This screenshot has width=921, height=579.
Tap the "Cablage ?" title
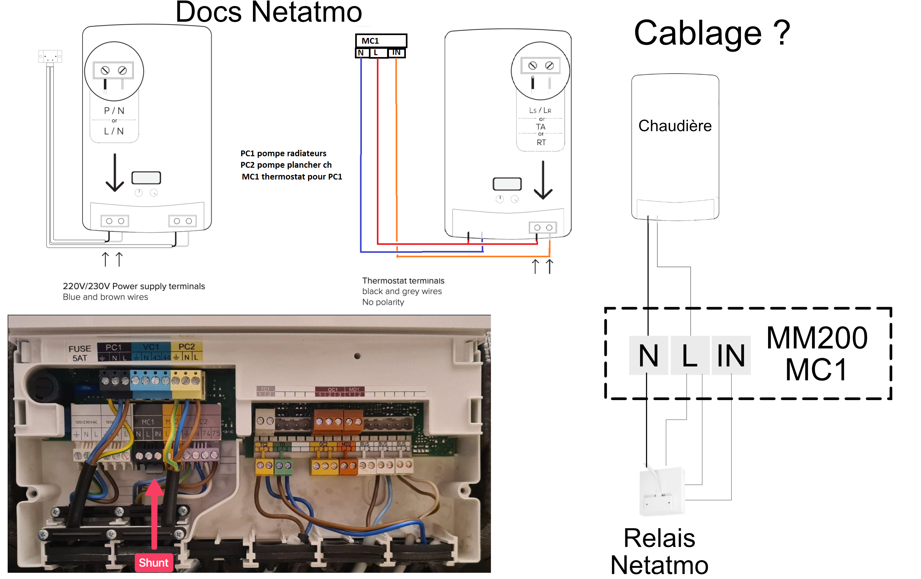tap(712, 34)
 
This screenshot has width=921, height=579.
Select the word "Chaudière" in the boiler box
tap(675, 126)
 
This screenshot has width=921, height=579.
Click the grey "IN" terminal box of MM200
tap(731, 355)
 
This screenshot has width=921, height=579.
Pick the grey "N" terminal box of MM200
tap(648, 355)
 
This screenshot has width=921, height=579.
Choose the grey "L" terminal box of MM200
tap(690, 355)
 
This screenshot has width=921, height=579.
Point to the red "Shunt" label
tap(153, 562)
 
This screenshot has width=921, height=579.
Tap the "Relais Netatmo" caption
tap(659, 551)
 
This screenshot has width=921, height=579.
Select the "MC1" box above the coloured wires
tap(381, 40)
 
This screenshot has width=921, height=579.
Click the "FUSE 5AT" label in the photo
tap(80, 353)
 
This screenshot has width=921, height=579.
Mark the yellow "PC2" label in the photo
tap(187, 347)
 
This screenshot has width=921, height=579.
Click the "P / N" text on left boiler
tap(114, 111)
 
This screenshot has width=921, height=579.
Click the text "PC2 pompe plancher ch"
tap(286, 165)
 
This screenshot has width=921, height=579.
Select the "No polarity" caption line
tap(383, 302)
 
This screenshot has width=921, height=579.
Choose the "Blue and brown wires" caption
tap(105, 297)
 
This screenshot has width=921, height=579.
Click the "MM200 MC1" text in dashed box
tap(817, 354)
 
